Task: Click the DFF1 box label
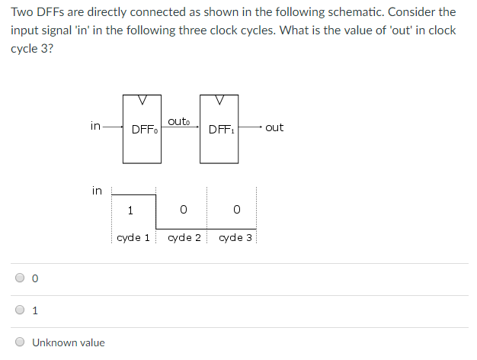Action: point(221,130)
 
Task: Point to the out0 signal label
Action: point(178,121)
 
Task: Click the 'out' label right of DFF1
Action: point(274,127)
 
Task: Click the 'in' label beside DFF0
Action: point(94,126)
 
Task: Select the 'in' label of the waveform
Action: point(97,190)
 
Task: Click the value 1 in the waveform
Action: point(131,210)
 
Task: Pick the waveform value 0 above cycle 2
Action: point(184,210)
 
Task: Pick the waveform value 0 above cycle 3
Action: point(237,210)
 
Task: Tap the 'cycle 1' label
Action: point(133,237)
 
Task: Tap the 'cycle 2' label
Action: point(184,237)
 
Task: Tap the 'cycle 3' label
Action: point(235,237)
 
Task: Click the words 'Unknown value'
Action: point(69,342)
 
